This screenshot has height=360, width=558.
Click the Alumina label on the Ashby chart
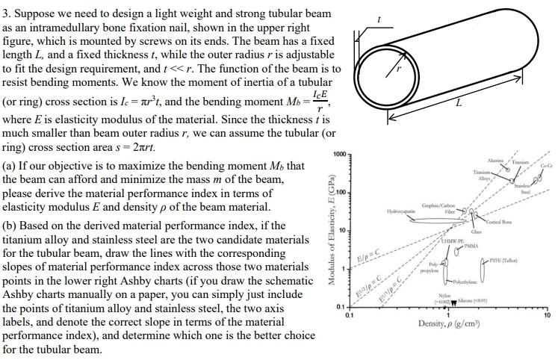point(495,161)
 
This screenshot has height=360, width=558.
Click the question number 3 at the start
point(5,13)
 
